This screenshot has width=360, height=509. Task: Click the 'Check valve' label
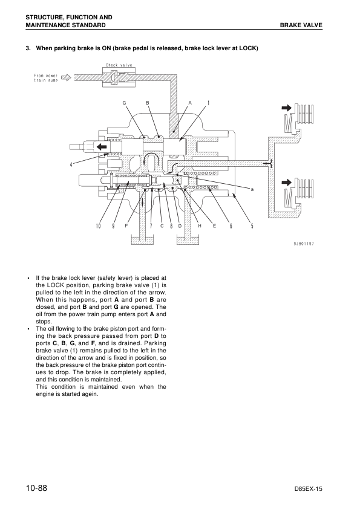119,65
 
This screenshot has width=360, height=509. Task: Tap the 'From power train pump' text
46,78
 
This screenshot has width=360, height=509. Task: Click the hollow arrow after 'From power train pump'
66,77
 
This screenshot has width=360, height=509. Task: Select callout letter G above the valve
124,103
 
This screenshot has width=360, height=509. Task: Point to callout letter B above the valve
147,103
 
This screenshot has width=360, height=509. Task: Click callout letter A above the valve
191,103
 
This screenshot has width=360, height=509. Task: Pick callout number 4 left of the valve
71,164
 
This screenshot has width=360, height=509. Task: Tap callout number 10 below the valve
99,226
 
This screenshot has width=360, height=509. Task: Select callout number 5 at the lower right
252,226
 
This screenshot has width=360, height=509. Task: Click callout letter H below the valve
200,226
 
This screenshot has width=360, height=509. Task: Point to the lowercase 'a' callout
252,189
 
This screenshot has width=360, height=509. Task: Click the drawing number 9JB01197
304,244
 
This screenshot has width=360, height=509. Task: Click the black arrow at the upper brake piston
287,108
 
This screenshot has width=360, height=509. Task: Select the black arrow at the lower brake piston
287,182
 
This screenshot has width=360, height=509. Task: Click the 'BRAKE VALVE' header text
301,25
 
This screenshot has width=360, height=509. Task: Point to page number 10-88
37,488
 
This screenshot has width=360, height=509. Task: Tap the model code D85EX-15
308,489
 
